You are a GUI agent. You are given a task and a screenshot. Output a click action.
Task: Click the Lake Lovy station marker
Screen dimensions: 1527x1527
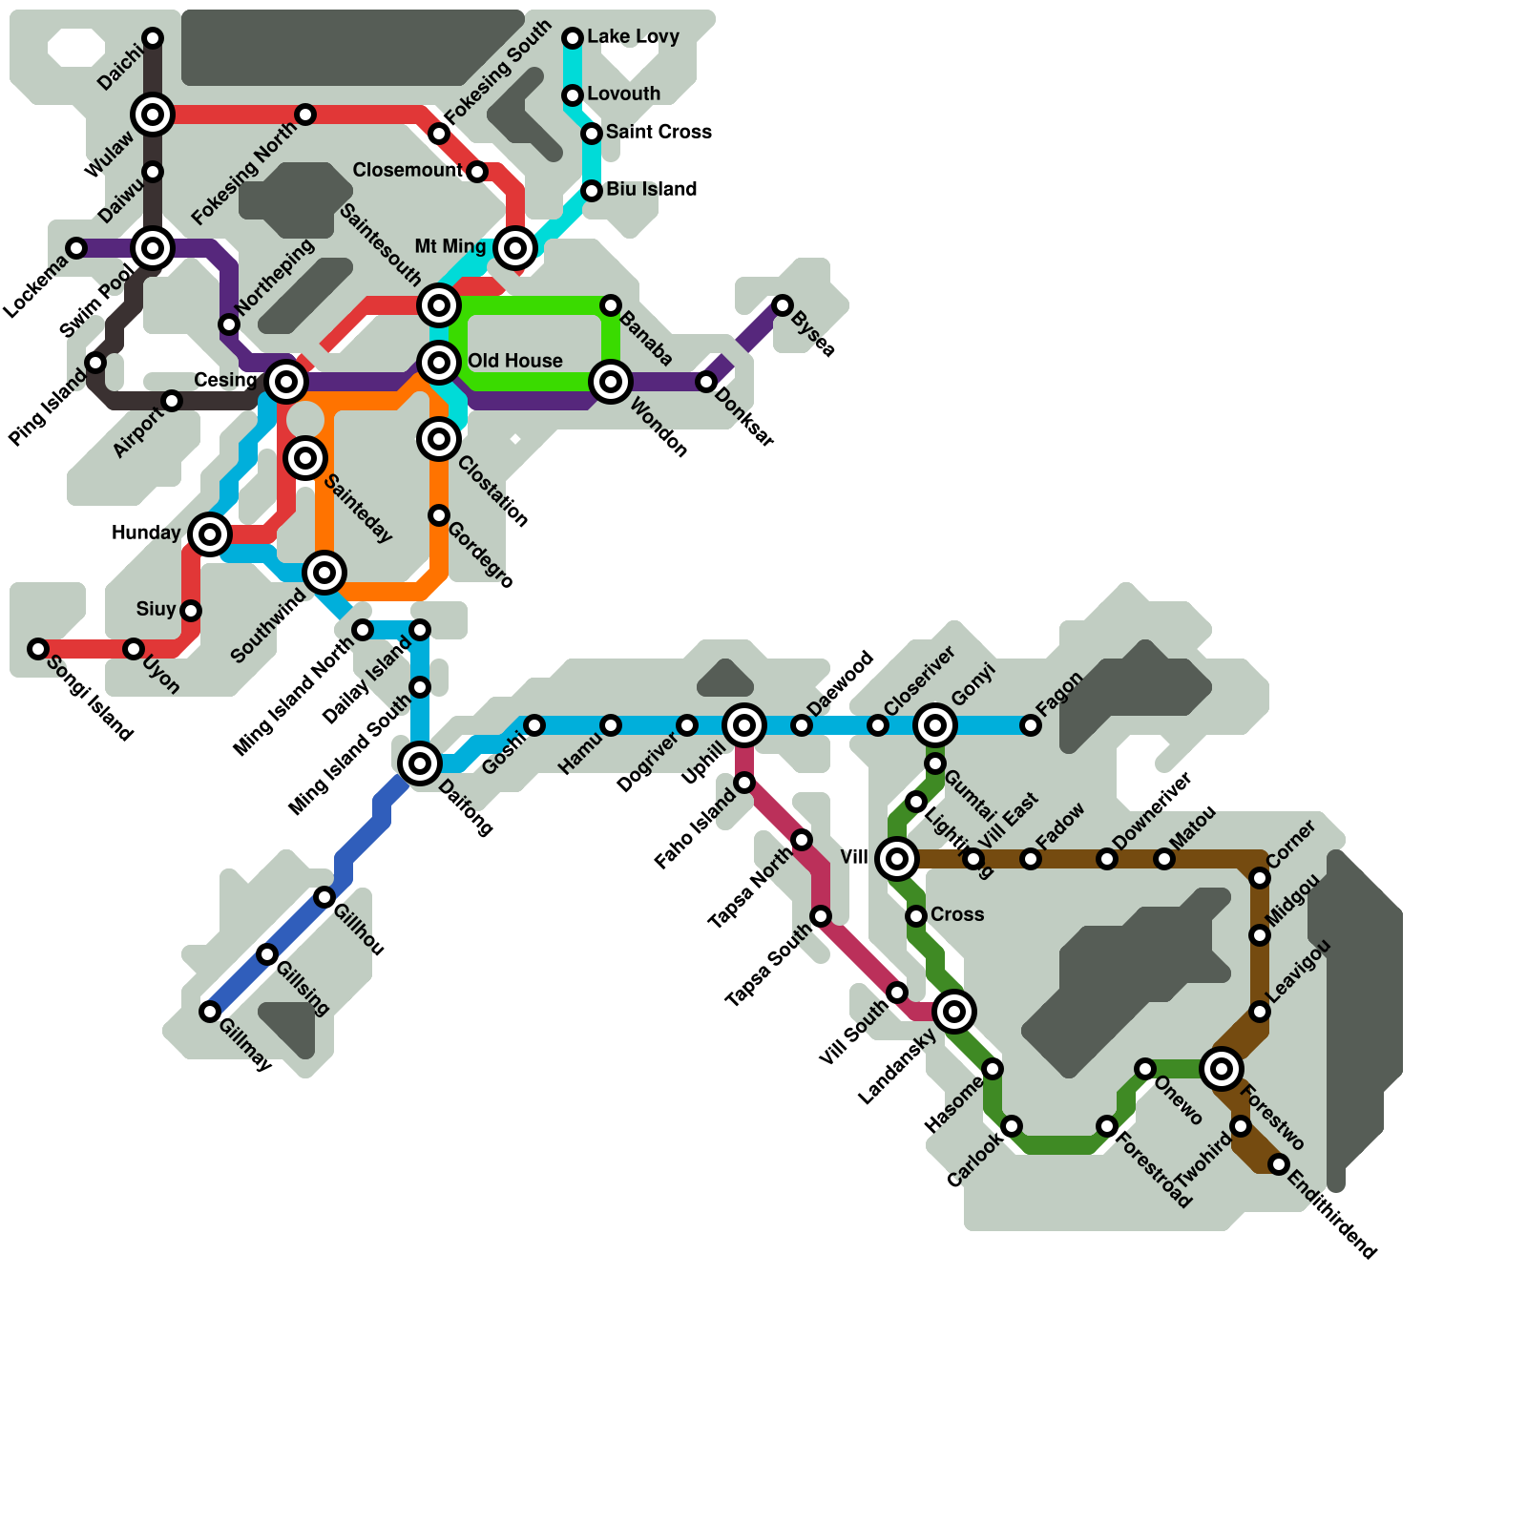(x=573, y=38)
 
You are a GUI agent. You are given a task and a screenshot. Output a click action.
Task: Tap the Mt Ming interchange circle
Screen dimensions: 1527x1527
(x=515, y=248)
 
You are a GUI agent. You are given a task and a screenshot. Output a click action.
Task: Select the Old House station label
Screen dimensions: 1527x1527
(x=514, y=361)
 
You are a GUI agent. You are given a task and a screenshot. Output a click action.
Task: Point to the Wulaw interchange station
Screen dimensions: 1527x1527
(x=153, y=115)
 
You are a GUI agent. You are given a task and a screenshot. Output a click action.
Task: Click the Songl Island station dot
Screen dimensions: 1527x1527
(x=38, y=649)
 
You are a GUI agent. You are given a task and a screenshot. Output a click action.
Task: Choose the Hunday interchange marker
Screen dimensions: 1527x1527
(x=210, y=534)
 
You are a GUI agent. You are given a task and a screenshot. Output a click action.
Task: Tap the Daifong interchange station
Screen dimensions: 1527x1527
(x=420, y=763)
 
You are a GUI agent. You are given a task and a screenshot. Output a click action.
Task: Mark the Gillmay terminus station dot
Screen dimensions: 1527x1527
(x=210, y=1012)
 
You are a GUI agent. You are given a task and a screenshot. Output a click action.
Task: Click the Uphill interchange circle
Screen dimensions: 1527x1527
(x=744, y=725)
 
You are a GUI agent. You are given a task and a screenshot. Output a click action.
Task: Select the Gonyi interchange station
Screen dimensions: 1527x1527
(x=935, y=725)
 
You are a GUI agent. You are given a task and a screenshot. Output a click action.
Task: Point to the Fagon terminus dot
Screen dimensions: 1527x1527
(x=1031, y=725)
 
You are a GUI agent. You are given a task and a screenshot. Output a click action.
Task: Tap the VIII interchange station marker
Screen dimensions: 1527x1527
(x=897, y=859)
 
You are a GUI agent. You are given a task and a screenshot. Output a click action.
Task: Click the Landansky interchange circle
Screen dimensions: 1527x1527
(x=954, y=1012)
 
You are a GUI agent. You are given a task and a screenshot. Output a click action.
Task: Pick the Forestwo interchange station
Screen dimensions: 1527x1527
(x=1222, y=1069)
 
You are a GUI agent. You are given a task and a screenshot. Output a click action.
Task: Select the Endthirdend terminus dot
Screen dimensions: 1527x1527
(x=1279, y=1164)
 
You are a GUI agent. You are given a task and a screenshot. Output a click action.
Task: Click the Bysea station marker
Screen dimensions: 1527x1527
(x=783, y=305)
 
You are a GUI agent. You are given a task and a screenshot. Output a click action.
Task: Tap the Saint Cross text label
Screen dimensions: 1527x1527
(x=659, y=132)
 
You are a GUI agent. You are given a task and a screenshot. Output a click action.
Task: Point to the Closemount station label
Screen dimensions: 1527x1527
(x=408, y=170)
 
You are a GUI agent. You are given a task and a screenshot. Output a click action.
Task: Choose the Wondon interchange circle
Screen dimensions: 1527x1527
(x=611, y=382)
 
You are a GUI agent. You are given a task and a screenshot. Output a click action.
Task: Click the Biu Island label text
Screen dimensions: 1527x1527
(x=651, y=189)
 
